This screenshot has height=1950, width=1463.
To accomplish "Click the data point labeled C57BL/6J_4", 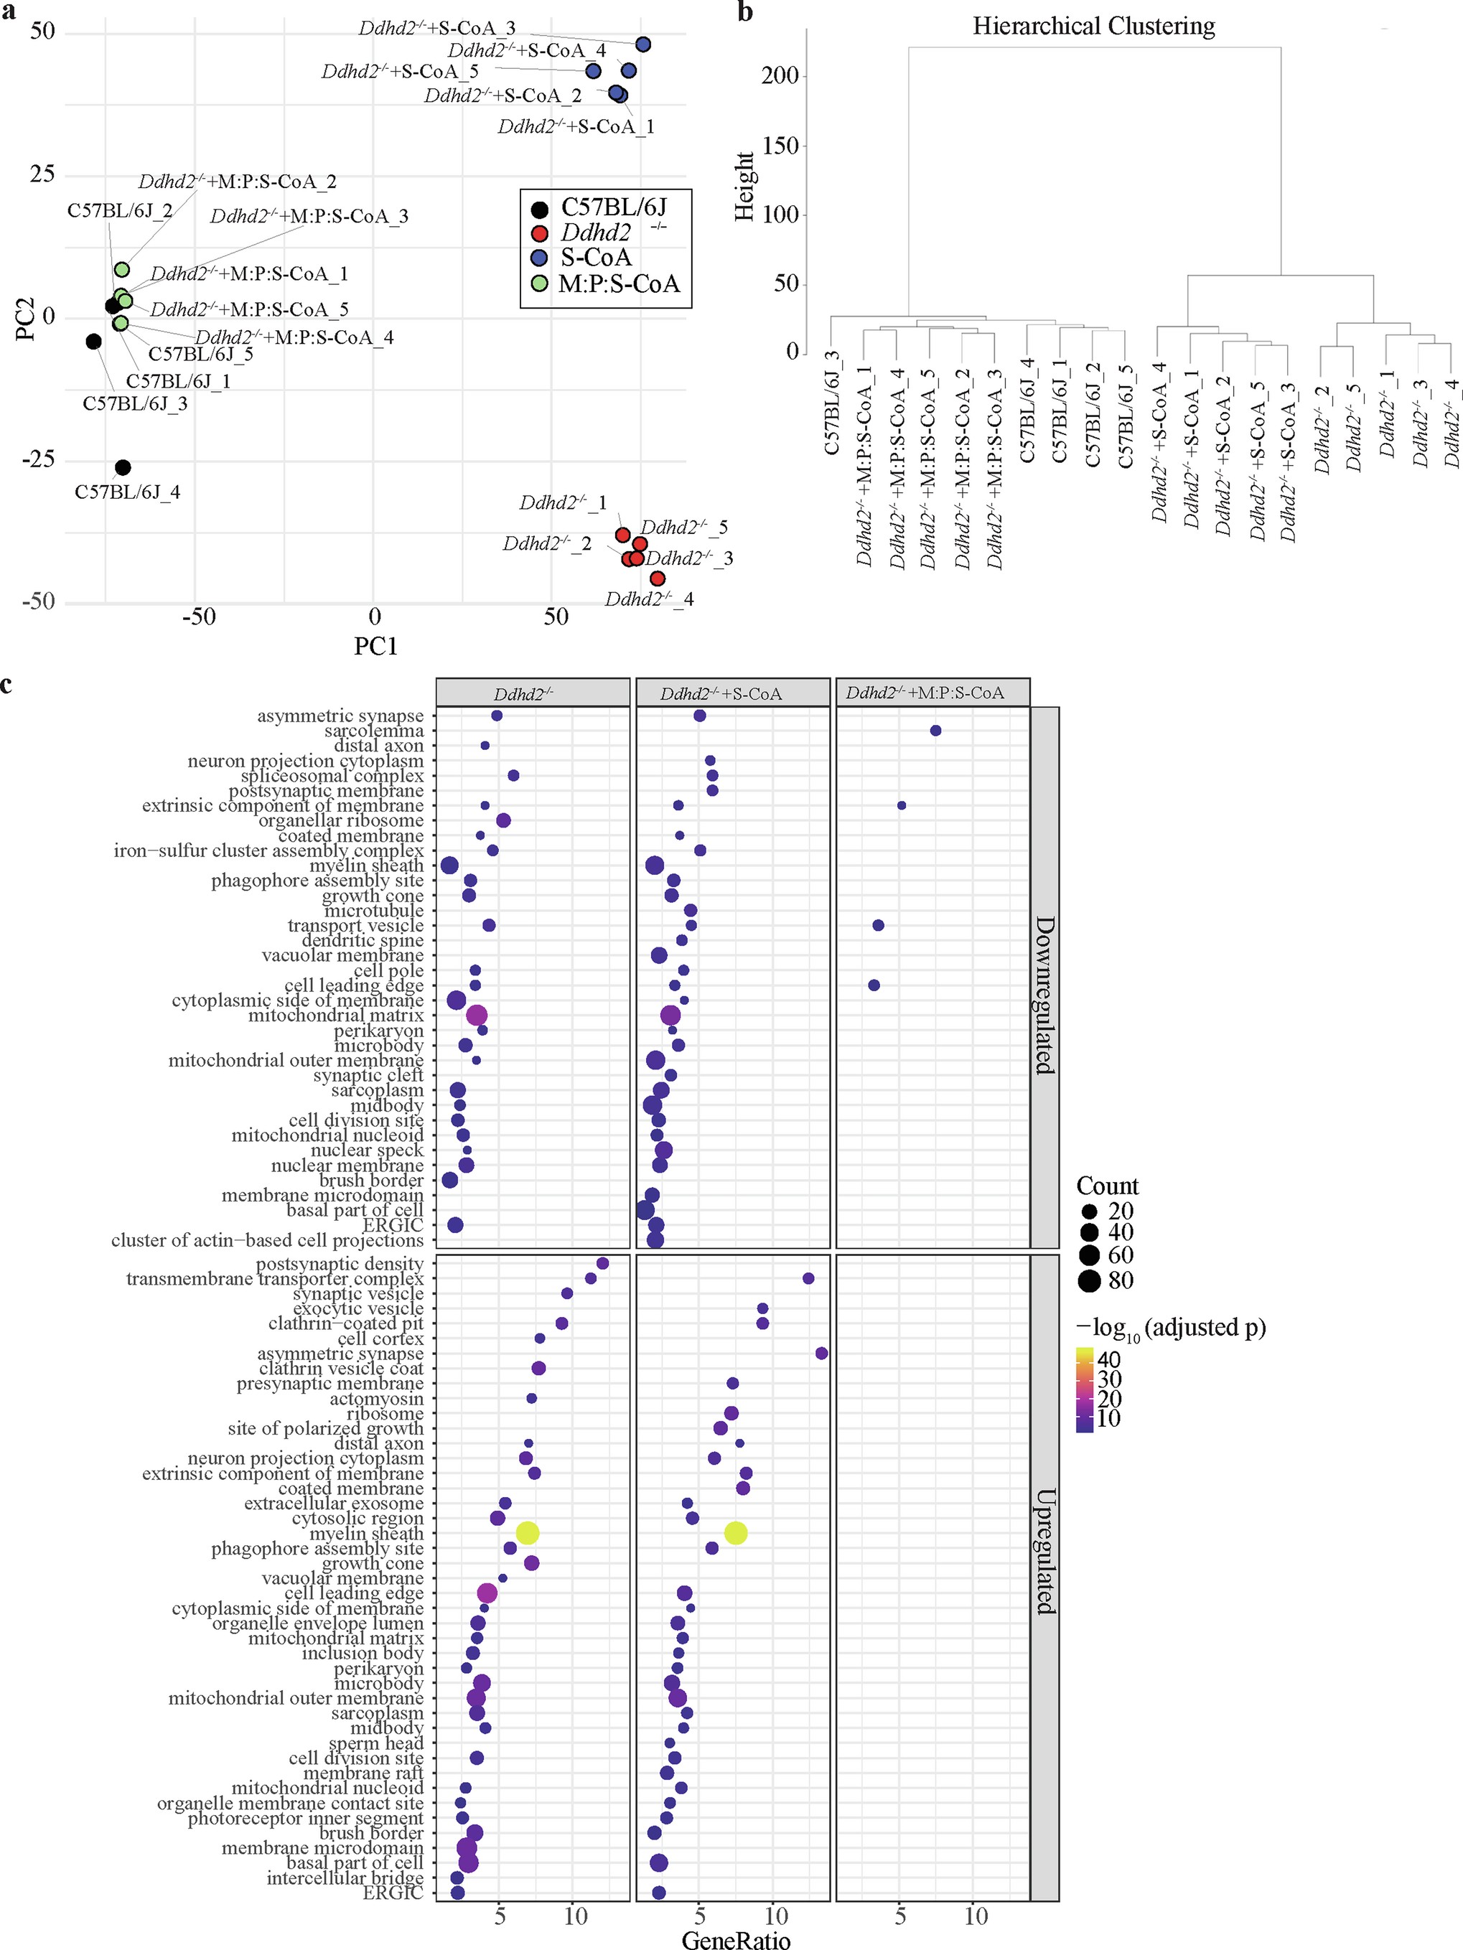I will tap(123, 467).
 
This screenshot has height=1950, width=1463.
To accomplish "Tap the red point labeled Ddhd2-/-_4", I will tap(657, 578).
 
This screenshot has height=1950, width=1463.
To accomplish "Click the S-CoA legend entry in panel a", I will tap(595, 258).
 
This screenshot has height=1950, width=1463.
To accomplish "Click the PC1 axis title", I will tap(375, 646).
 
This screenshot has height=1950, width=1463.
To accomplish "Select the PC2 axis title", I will tap(27, 317).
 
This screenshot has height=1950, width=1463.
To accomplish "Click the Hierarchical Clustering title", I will tap(1093, 27).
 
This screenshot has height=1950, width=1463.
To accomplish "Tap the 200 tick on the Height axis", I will tap(780, 76).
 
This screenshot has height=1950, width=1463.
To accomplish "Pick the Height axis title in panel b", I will tap(745, 186).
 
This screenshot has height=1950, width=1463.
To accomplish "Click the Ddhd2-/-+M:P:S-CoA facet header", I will tap(925, 693).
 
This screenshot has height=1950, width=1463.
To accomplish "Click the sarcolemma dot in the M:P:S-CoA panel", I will tap(935, 731).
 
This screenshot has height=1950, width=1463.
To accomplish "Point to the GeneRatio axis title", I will tap(736, 1939).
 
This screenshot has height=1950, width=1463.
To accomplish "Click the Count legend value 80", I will tap(1120, 1280).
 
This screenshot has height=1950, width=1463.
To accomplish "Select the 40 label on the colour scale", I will tap(1108, 1359).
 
